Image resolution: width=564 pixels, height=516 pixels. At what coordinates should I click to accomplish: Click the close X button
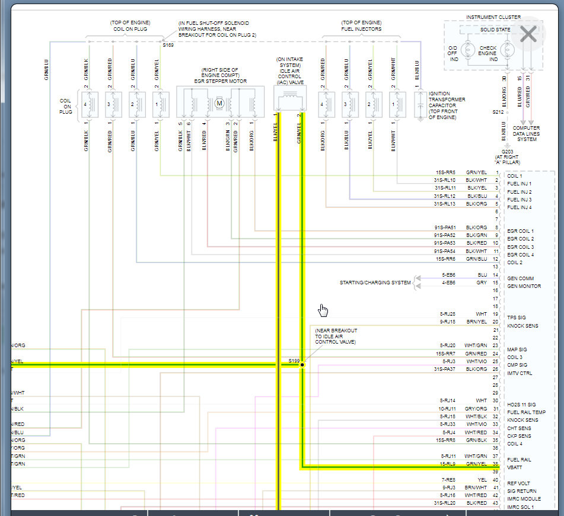[x=527, y=34]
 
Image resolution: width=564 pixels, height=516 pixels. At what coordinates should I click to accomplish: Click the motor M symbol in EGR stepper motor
[x=218, y=104]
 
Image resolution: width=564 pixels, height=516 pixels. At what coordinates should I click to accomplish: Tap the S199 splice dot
[x=302, y=365]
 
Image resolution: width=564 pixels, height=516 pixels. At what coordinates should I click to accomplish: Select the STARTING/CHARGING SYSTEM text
[x=375, y=283]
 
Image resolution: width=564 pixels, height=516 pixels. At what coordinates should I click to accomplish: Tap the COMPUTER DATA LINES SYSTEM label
[x=527, y=133]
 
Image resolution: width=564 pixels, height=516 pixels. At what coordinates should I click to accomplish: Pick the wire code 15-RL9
[x=447, y=464]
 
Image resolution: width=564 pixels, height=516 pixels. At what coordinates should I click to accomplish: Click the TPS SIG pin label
[x=516, y=318]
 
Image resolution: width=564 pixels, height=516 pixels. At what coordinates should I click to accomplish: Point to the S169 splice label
[x=168, y=45]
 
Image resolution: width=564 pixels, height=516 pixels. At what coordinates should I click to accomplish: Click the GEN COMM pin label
[x=520, y=278]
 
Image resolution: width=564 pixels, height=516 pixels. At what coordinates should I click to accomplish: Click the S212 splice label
[x=497, y=111]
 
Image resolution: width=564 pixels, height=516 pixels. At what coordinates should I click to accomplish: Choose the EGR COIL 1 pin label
[x=520, y=231]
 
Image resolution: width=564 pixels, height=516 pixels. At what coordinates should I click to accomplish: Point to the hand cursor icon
[x=323, y=310]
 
